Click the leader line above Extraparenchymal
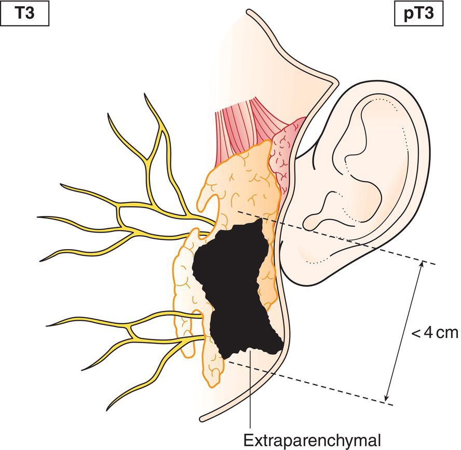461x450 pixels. (x=250, y=394)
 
